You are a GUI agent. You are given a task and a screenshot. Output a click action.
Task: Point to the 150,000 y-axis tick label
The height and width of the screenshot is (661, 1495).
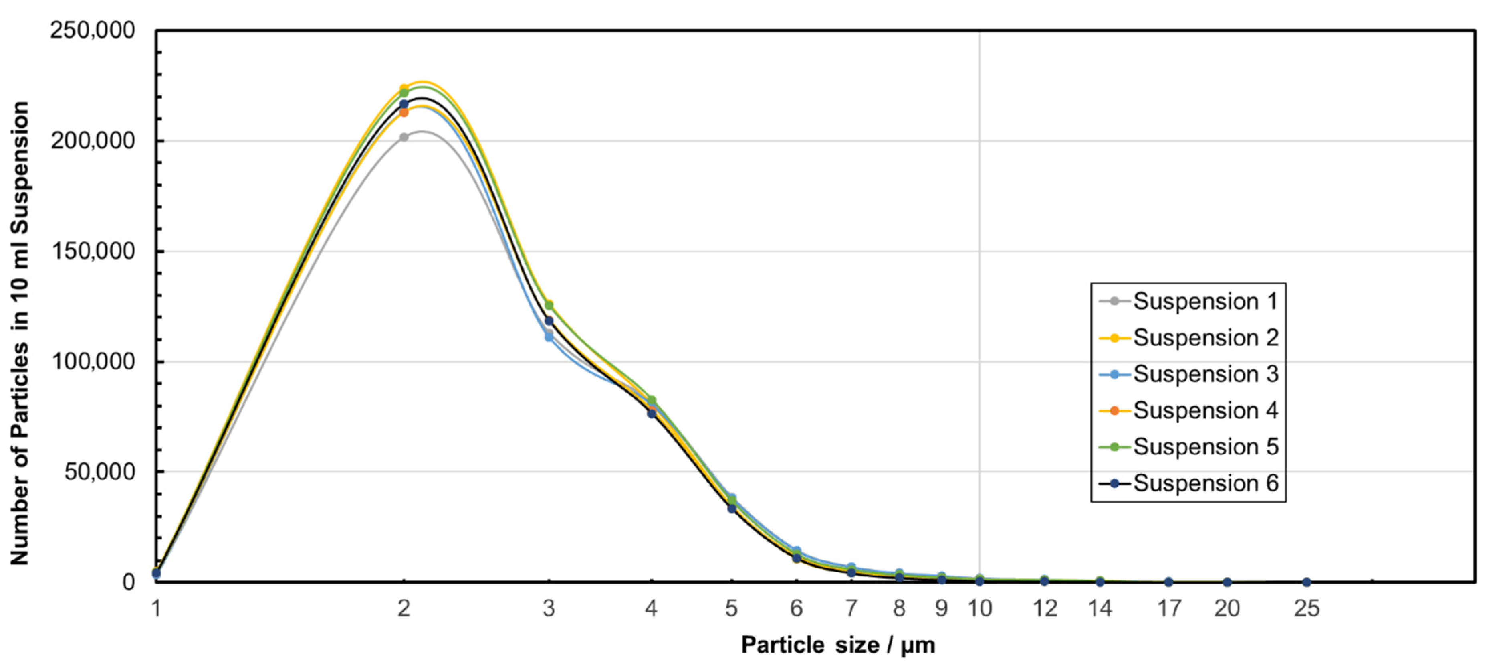click(93, 251)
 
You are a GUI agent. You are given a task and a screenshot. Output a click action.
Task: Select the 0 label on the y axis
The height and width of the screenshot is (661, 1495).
click(128, 582)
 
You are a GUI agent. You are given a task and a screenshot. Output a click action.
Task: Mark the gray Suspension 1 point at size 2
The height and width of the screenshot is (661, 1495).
click(404, 138)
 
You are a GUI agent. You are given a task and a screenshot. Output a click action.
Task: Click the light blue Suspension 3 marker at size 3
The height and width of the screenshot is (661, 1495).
click(549, 337)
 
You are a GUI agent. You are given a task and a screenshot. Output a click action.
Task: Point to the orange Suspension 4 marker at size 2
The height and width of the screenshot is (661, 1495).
click(404, 112)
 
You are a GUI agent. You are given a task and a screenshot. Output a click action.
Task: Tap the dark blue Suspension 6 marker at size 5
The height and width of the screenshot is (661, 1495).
click(732, 509)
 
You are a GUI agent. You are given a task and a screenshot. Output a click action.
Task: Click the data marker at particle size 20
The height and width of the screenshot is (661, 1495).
click(1227, 582)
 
